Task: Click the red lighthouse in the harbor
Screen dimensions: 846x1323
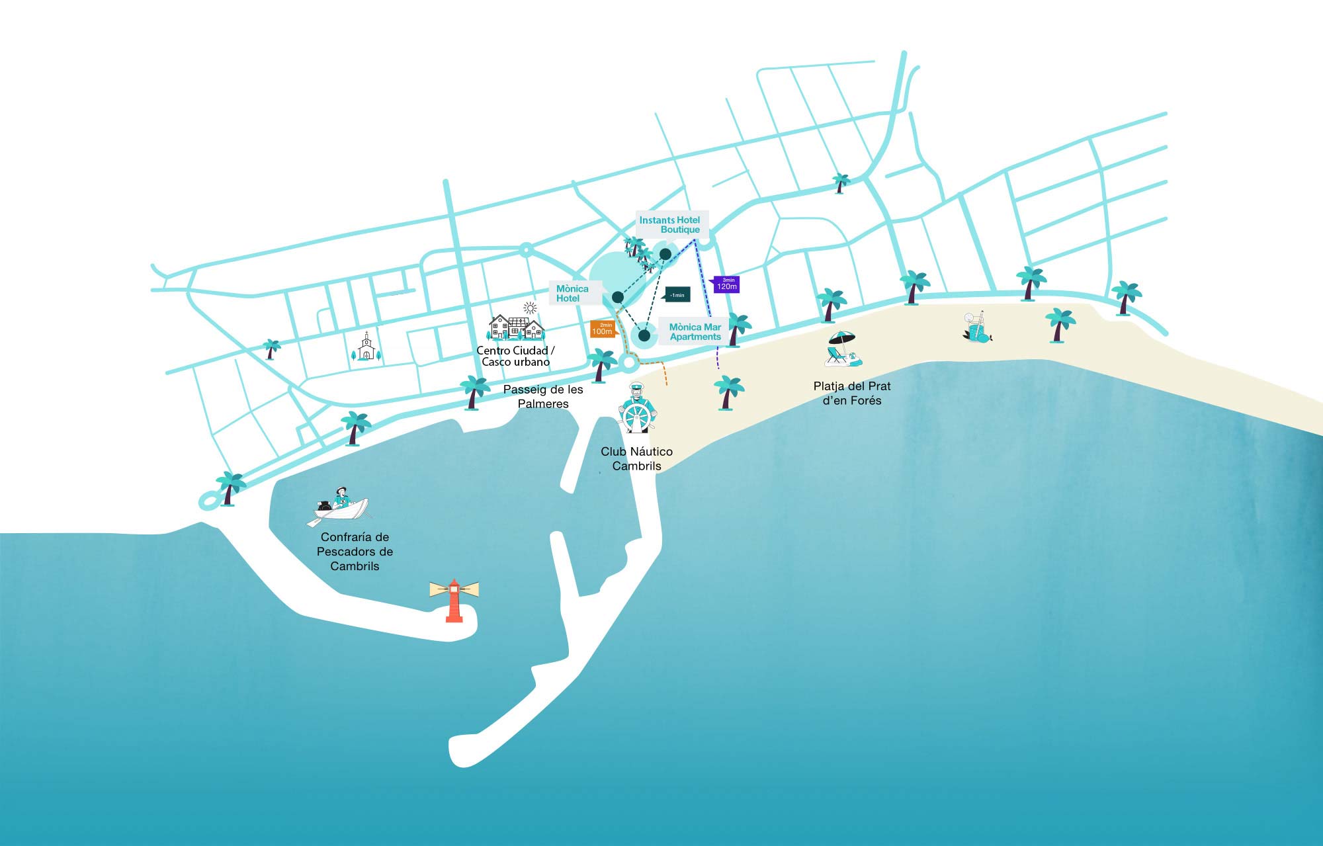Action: pyautogui.click(x=454, y=601)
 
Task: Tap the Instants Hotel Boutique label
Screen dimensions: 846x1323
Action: pyautogui.click(x=671, y=225)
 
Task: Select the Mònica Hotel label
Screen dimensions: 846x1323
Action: pyautogui.click(x=573, y=293)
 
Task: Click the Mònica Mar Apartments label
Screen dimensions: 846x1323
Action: pyautogui.click(x=694, y=331)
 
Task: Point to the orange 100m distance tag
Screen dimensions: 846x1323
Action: pyautogui.click(x=603, y=329)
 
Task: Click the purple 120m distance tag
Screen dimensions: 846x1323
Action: pyautogui.click(x=727, y=284)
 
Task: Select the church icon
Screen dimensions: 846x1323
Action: pyautogui.click(x=366, y=347)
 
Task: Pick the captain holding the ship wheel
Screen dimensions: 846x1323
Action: pyautogui.click(x=637, y=409)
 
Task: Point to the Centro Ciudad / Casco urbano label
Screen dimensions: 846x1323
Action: pyautogui.click(x=516, y=356)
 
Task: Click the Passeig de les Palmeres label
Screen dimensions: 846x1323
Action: pyautogui.click(x=543, y=397)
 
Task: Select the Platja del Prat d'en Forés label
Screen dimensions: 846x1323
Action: pyautogui.click(x=852, y=393)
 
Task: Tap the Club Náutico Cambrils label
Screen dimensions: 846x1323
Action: pyautogui.click(x=636, y=458)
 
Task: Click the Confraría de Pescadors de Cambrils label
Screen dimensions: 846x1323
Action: pyautogui.click(x=355, y=552)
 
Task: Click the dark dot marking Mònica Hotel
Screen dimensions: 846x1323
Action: pyautogui.click(x=618, y=297)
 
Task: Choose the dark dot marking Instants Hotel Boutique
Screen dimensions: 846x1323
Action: pyautogui.click(x=665, y=254)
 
